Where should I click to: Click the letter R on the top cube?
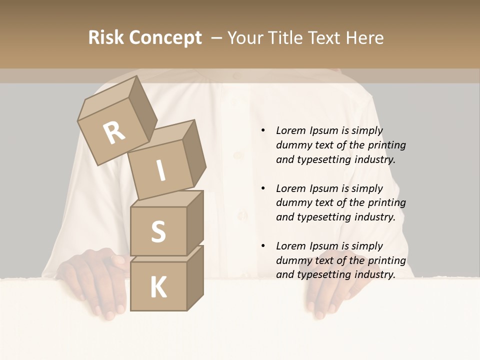point(114,132)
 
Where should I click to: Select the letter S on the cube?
point(158,232)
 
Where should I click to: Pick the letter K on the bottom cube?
point(158,287)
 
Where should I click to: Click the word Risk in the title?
point(106,37)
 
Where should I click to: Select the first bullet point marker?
point(263,130)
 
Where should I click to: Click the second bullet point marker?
point(263,188)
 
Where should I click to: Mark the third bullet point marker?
point(263,246)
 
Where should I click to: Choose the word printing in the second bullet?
point(386,202)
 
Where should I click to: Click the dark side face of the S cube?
point(195,222)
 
